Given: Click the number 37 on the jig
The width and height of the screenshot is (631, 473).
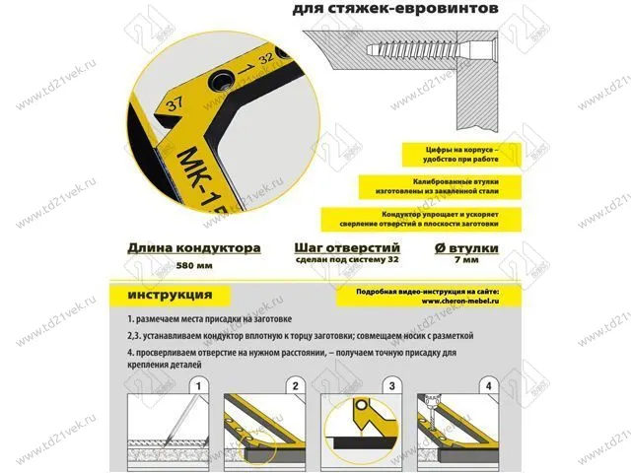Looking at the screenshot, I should [176, 102].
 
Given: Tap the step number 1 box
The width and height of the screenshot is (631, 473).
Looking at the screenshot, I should [199, 385].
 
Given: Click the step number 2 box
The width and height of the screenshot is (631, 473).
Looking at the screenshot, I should [295, 385].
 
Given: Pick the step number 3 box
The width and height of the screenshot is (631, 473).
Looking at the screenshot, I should [392, 385].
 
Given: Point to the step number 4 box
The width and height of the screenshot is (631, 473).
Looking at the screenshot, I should [489, 385].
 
